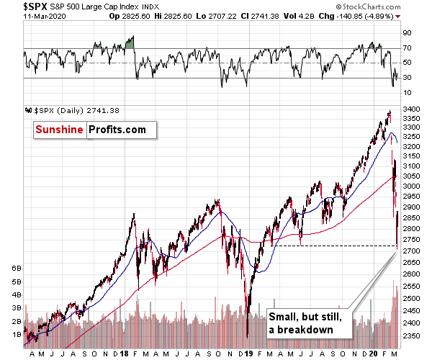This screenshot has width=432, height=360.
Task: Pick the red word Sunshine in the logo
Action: pos(60,130)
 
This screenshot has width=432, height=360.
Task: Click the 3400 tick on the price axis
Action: pos(413,109)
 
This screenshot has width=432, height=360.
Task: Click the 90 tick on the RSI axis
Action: pos(407,33)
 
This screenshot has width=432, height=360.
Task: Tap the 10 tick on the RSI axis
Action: pos(407,93)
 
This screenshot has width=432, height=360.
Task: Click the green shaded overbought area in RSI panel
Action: pos(130,43)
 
